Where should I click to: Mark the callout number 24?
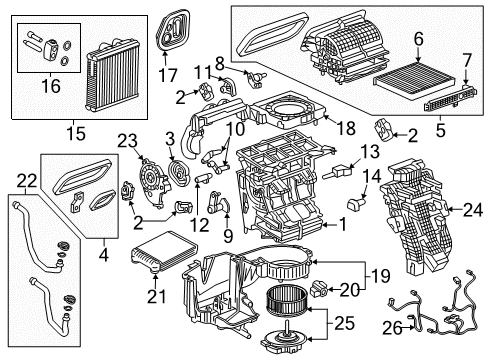point(468,210)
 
